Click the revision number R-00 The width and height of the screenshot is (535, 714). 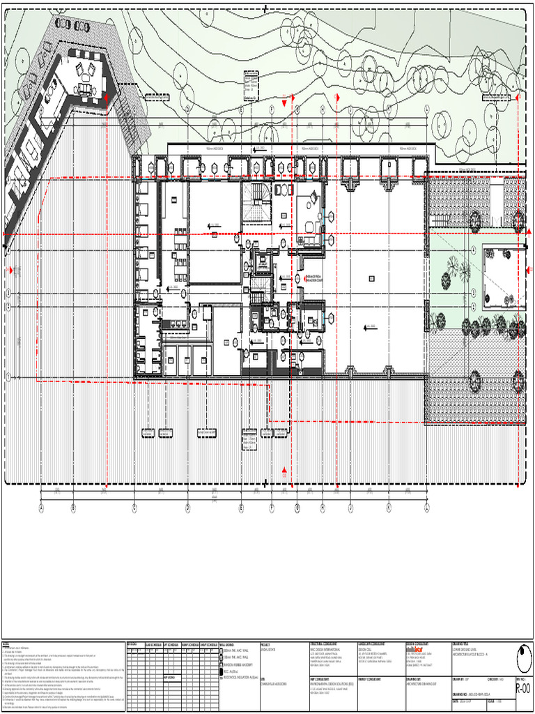pos(522,690)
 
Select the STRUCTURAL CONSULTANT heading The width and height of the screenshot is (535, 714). pos(325,645)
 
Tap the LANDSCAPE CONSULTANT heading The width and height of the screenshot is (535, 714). pos(373,645)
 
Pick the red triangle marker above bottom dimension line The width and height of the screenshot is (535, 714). pos(284,471)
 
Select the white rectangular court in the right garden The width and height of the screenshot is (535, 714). pos(504,266)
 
